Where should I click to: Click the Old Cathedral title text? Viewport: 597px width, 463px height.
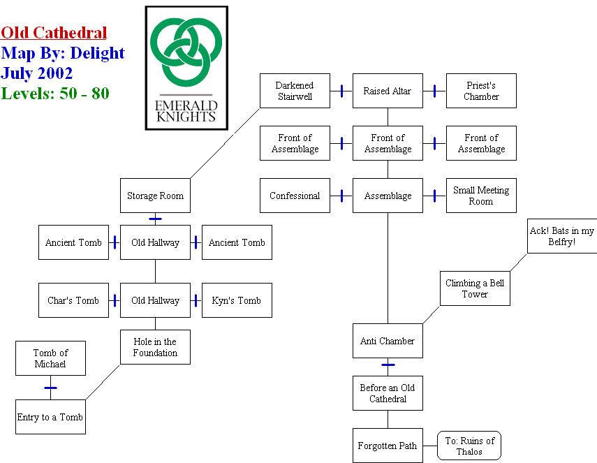[x=54, y=33]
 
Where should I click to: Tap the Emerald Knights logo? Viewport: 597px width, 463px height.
[x=186, y=68]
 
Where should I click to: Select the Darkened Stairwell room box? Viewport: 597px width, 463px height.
[x=295, y=91]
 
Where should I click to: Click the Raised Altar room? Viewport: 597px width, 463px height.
[x=388, y=91]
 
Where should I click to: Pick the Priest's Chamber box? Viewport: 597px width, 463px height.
[x=481, y=91]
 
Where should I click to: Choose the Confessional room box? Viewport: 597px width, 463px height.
[x=295, y=196]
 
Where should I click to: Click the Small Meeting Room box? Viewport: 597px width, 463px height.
[x=481, y=196]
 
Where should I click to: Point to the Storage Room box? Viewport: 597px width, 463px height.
[x=155, y=196]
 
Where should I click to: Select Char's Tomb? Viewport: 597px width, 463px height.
[x=73, y=300]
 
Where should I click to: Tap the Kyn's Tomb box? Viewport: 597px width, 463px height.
[x=237, y=300]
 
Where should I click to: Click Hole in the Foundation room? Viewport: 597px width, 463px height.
[x=155, y=347]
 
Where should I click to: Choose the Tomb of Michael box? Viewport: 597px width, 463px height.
[x=50, y=358]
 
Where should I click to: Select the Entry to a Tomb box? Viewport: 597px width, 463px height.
[x=50, y=417]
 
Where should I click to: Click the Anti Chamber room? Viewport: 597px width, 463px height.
[x=388, y=341]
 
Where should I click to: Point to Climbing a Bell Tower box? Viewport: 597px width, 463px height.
[x=475, y=288]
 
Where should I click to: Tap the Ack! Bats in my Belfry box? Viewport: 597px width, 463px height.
[x=561, y=236]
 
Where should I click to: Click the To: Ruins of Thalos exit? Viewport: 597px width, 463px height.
[x=469, y=446]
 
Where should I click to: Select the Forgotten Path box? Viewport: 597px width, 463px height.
[x=388, y=446]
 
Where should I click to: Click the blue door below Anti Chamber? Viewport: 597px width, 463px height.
[x=388, y=365]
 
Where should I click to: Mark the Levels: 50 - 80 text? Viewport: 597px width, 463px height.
[x=55, y=93]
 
